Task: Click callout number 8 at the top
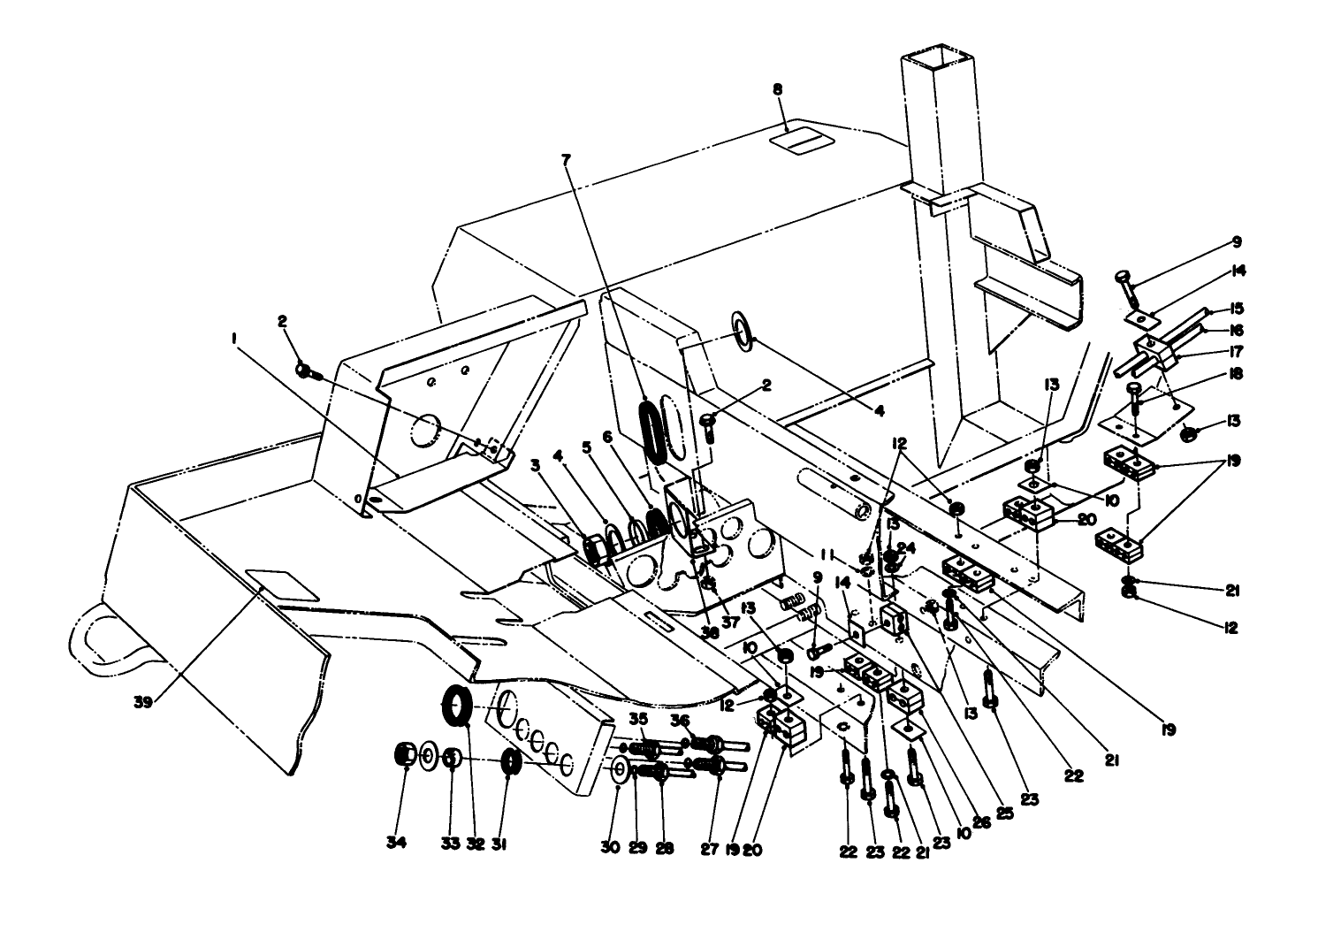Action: click(777, 89)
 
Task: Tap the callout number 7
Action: click(567, 159)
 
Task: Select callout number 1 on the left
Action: click(233, 338)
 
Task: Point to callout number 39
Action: click(143, 702)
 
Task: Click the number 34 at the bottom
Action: click(396, 844)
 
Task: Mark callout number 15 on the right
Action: click(1237, 309)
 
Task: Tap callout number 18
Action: click(1235, 374)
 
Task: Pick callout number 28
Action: click(664, 847)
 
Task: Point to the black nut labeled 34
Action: click(406, 756)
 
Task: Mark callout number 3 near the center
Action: click(535, 464)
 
